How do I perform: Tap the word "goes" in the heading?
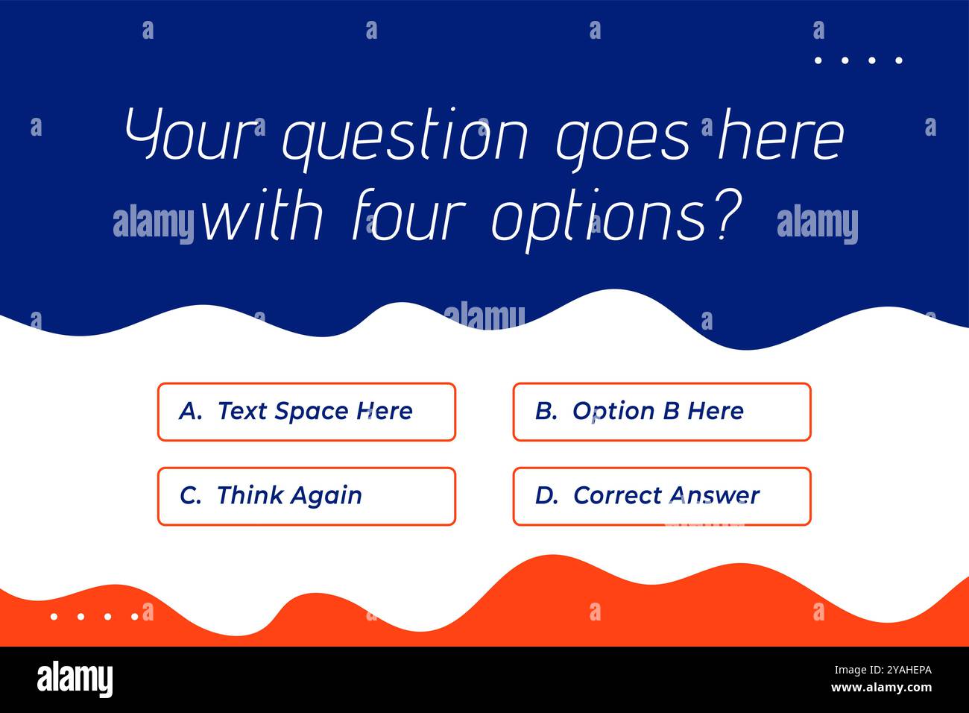coord(624,138)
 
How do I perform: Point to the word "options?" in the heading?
coord(616,218)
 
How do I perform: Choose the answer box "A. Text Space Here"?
coord(306,412)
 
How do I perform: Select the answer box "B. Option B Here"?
coord(661,412)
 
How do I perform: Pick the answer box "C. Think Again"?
coord(306,496)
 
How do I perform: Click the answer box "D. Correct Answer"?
coord(661,496)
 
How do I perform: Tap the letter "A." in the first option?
coord(191,411)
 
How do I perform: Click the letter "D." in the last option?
coord(546,495)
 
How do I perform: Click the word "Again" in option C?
coord(325,496)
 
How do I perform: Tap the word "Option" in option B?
coord(603,412)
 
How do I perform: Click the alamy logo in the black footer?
coord(75,679)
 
